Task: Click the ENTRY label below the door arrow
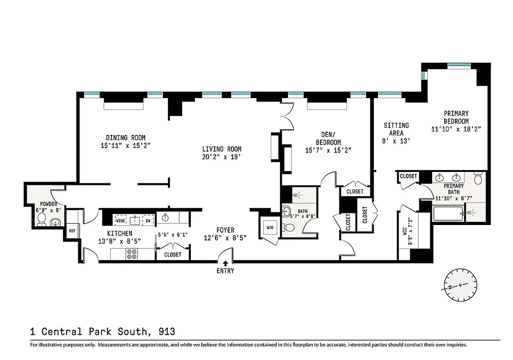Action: coord(225,271)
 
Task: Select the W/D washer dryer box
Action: coord(270,228)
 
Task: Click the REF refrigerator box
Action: coord(72,231)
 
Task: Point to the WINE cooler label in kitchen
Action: coord(121,221)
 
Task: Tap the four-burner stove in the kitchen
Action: coord(133,254)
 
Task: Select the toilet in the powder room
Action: coord(41,218)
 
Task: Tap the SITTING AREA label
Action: coord(396,129)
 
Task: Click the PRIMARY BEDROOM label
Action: coord(456,117)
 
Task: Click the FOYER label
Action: coord(225,230)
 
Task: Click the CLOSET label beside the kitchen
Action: coord(173,255)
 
